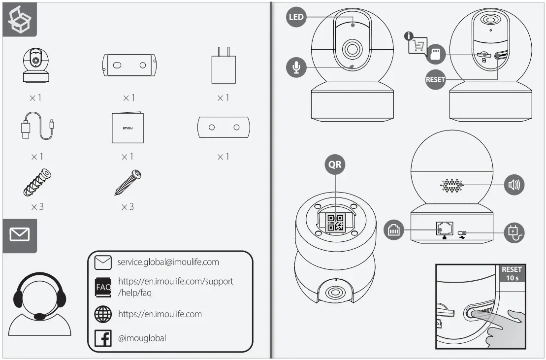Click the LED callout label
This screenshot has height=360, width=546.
coord(296,17)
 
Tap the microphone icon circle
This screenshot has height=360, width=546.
coord(296,67)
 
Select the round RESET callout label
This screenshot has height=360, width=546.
coord(435,79)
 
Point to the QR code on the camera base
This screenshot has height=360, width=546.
coord(335,223)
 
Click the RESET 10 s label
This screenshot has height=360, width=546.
coord(511,273)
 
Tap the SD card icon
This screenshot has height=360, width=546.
coord(435,54)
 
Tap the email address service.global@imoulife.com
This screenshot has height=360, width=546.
coord(168,262)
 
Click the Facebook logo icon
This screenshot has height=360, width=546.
coord(103,338)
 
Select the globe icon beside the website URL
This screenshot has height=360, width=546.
coord(103,314)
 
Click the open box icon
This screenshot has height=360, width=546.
coord(20,19)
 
